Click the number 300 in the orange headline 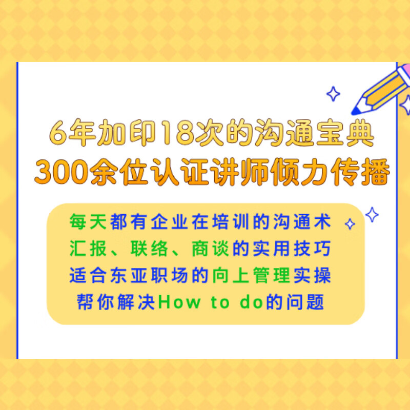pyautogui.click(x=59, y=173)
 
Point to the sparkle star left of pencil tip pyautogui.click(x=334, y=94)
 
